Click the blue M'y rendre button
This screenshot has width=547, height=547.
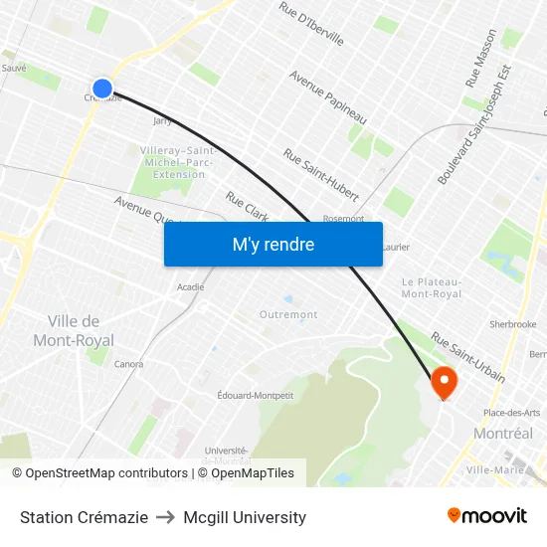(x=273, y=244)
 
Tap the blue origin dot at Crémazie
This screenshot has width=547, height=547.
(x=102, y=89)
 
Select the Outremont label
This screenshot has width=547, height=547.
(x=288, y=314)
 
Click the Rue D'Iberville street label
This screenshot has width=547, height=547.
(x=311, y=24)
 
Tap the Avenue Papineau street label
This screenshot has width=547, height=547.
(x=327, y=97)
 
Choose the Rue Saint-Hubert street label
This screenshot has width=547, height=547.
(x=320, y=176)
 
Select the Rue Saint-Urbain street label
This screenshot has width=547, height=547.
(x=466, y=358)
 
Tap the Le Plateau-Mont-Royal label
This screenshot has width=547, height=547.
(x=432, y=287)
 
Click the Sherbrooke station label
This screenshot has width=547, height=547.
(x=512, y=324)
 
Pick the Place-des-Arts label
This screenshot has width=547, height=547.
(x=511, y=413)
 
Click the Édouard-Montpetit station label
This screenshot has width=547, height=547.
(x=256, y=395)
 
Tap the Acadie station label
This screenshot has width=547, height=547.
(x=190, y=286)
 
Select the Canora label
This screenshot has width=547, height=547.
(x=128, y=364)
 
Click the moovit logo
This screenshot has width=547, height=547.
(x=486, y=516)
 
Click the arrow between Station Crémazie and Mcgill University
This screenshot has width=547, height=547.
(x=166, y=517)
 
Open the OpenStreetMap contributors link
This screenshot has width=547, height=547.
(x=106, y=473)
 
